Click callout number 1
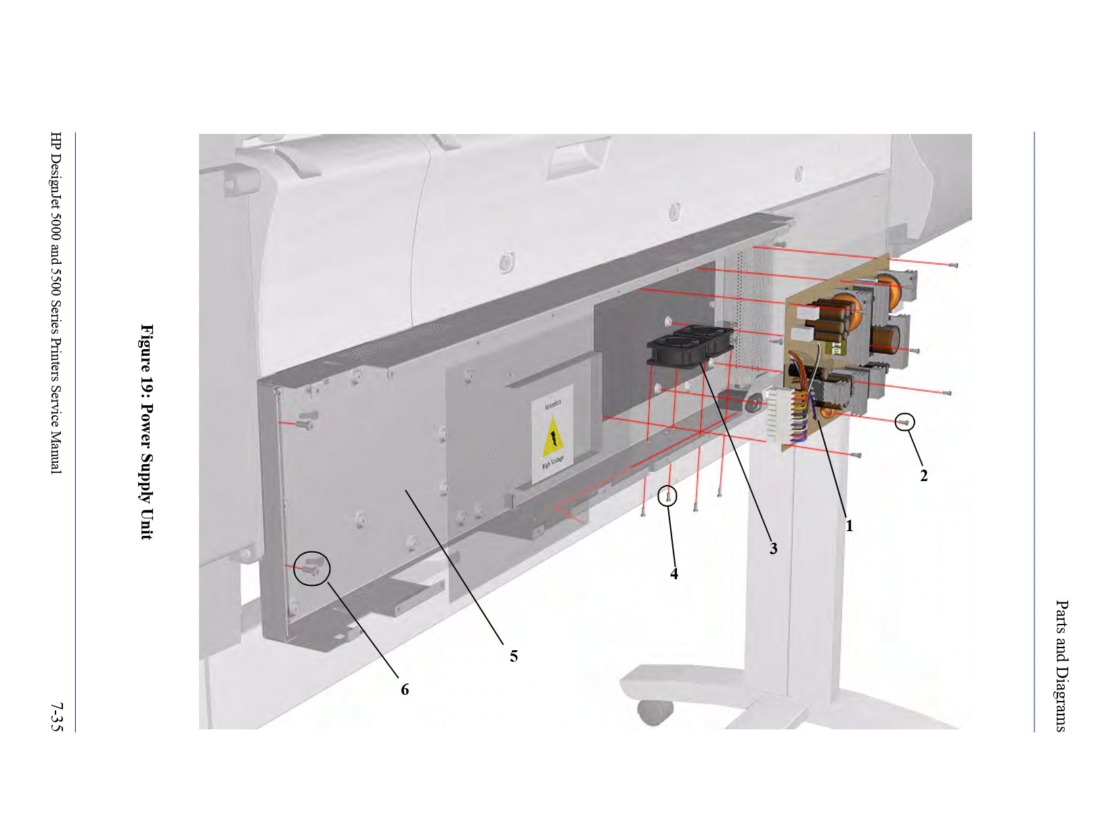pos(849,525)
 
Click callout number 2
pos(923,476)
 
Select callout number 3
pos(773,549)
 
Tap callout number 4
pos(674,574)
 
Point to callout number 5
pos(514,656)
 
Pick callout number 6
pos(405,689)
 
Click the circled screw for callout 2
pos(904,422)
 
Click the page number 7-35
pos(56,717)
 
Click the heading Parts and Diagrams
pos(1061,666)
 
